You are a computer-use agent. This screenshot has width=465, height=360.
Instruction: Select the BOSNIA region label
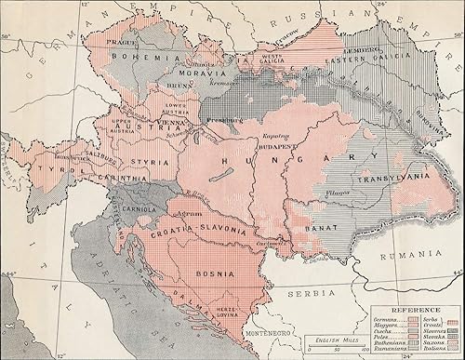click(x=213, y=273)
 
